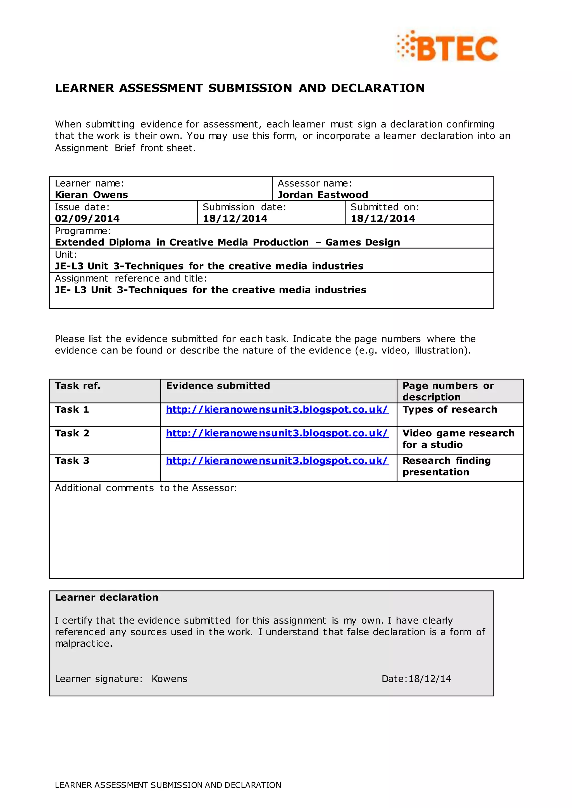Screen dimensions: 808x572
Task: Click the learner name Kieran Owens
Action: tap(91, 195)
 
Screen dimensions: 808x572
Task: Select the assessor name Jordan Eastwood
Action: tap(323, 195)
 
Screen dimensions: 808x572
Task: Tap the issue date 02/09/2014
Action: tap(87, 218)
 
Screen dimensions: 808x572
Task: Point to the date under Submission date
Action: tap(235, 218)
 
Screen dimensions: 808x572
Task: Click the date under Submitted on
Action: tap(383, 218)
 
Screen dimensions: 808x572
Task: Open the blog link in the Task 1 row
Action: tap(277, 409)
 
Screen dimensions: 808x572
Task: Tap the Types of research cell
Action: tap(449, 409)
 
